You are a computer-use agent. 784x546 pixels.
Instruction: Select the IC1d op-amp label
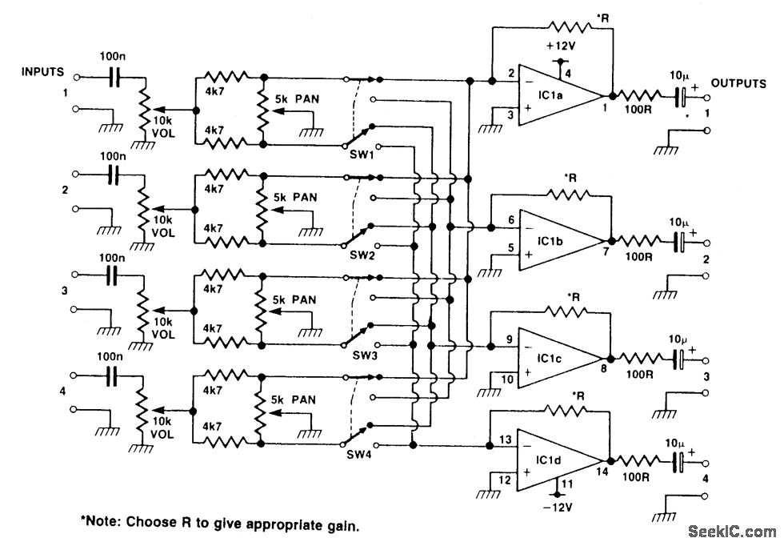(549, 460)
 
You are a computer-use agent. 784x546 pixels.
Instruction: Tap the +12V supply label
(561, 46)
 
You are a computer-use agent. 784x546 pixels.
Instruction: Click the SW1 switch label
(362, 155)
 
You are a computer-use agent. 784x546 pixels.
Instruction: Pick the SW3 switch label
(365, 355)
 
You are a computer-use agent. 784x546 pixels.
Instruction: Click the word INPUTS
(42, 71)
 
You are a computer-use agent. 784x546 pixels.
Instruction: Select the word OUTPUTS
(738, 83)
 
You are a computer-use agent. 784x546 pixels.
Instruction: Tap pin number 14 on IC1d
(602, 471)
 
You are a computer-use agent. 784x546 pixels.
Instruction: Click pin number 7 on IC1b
(606, 251)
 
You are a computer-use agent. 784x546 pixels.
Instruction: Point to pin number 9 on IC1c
(510, 339)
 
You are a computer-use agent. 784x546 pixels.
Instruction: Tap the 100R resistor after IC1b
(638, 242)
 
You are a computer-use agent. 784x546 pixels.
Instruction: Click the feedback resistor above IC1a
(570, 26)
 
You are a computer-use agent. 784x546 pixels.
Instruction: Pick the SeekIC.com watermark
(732, 532)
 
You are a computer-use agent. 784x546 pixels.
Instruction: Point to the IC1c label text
(550, 359)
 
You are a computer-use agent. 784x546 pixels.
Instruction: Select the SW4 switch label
(359, 455)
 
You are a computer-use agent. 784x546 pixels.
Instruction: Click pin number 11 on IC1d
(566, 484)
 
